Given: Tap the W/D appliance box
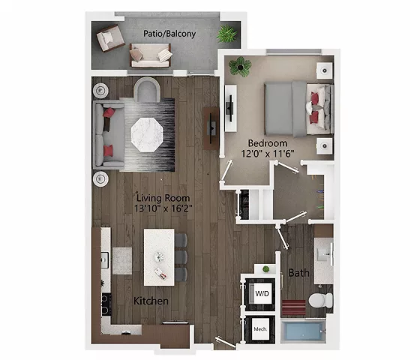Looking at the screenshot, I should click(262, 292).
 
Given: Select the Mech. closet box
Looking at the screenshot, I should click(261, 328).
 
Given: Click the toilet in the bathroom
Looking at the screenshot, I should click(320, 301).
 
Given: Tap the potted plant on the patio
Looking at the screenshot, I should click(226, 34).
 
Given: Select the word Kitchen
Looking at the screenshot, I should click(151, 301).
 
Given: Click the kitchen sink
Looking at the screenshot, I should click(105, 259).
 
